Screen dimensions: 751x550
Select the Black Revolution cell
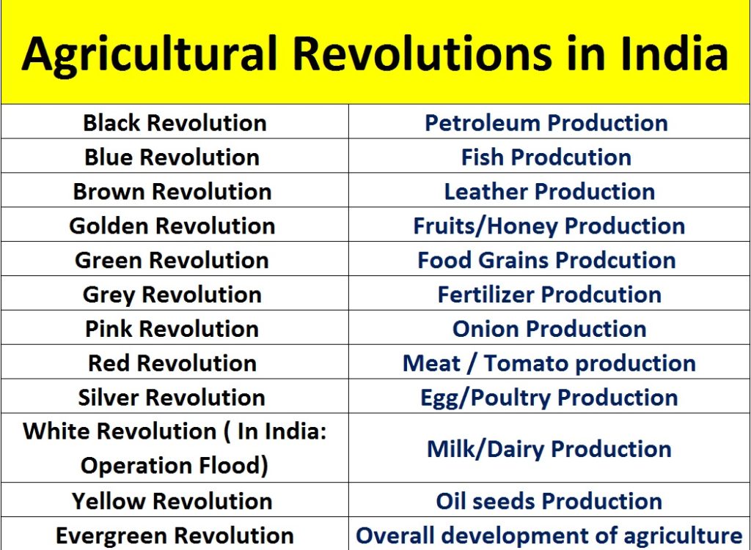(175, 123)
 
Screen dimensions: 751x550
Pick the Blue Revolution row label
(172, 157)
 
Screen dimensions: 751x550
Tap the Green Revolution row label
(172, 261)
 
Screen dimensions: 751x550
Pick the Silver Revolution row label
(172, 398)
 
